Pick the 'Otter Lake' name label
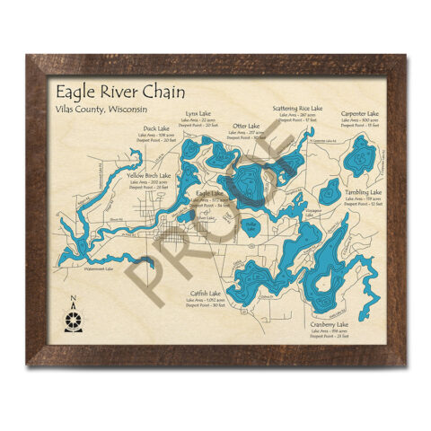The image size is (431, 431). point(246,127)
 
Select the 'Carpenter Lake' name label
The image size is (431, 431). point(362,114)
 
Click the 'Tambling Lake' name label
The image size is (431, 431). point(363,192)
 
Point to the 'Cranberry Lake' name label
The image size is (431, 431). point(328,324)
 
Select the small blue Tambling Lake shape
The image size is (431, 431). point(330,190)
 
